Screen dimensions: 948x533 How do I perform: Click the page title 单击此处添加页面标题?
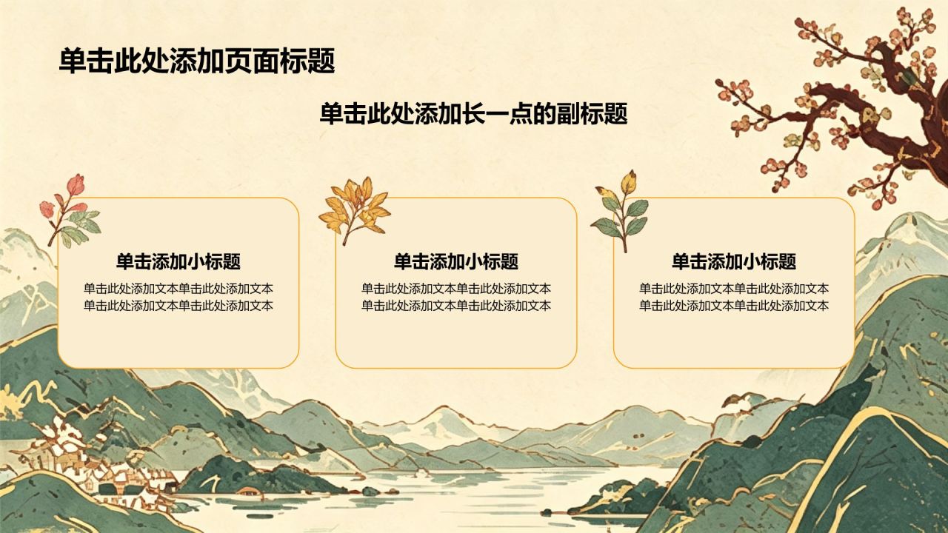(197, 61)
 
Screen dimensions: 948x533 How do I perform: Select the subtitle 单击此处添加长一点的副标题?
(473, 114)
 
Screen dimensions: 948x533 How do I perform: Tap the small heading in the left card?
(178, 261)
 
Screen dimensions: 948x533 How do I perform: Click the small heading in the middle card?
(455, 261)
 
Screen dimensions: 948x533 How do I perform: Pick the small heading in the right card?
(734, 261)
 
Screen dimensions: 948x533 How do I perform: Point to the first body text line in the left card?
(178, 289)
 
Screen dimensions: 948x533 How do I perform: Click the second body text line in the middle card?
(455, 306)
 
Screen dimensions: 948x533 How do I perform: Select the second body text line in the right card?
(734, 306)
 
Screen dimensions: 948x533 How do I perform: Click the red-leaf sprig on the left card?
(70, 210)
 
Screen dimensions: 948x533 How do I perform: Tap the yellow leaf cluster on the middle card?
(355, 210)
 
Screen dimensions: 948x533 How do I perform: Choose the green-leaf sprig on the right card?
(621, 212)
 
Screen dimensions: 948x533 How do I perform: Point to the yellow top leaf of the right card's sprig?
(629, 182)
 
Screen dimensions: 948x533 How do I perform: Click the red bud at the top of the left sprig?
(76, 185)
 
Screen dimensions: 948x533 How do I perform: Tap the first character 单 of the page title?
(73, 61)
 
